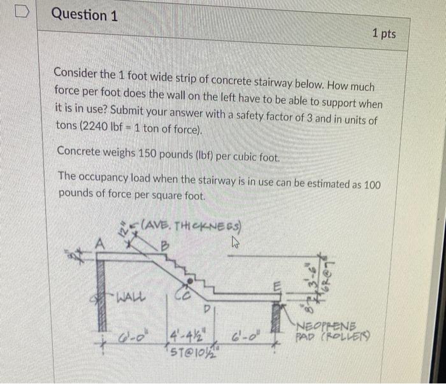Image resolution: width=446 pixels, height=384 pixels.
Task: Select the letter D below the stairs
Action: [x=207, y=311]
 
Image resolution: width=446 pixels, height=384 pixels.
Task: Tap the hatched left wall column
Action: [x=104, y=299]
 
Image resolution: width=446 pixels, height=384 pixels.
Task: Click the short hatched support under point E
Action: [x=278, y=322]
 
